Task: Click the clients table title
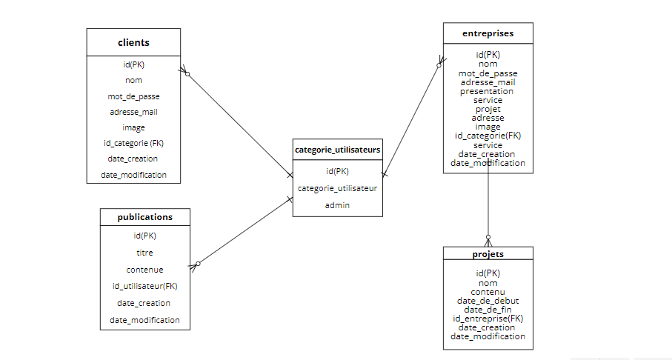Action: pos(133,42)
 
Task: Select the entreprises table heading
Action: pos(488,33)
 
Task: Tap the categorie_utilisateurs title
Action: pos(338,150)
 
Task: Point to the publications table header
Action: pos(145,217)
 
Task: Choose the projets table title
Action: pos(488,254)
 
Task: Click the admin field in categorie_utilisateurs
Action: pos(338,205)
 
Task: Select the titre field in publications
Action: pos(145,253)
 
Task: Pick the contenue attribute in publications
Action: pos(145,270)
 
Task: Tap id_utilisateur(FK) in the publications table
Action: pos(145,286)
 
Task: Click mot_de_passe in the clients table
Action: pos(133,96)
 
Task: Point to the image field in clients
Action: pos(133,127)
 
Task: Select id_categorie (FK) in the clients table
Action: pos(133,143)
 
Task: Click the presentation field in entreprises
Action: pos(488,91)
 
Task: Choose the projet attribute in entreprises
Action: pos(488,109)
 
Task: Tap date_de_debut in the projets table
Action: pos(488,301)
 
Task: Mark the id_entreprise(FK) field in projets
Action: pos(488,319)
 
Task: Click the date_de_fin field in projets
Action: pos(488,310)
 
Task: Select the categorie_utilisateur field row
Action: pos(338,188)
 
